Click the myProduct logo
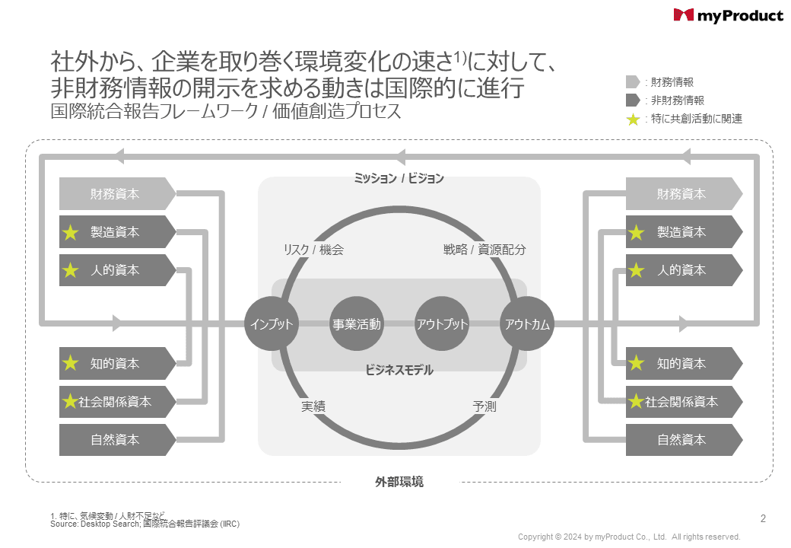[x=728, y=15]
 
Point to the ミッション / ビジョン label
[x=399, y=179]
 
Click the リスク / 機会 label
[x=313, y=250]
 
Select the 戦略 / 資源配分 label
[x=484, y=250]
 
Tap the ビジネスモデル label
[x=399, y=370]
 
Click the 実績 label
[x=313, y=406]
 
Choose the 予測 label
[x=484, y=406]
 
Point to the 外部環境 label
[x=399, y=482]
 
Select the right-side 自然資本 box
[x=683, y=440]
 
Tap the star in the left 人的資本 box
[x=71, y=270]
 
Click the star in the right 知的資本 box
[x=637, y=364]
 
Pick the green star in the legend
[x=633, y=119]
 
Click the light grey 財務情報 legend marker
[x=633, y=82]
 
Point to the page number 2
[x=763, y=519]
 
